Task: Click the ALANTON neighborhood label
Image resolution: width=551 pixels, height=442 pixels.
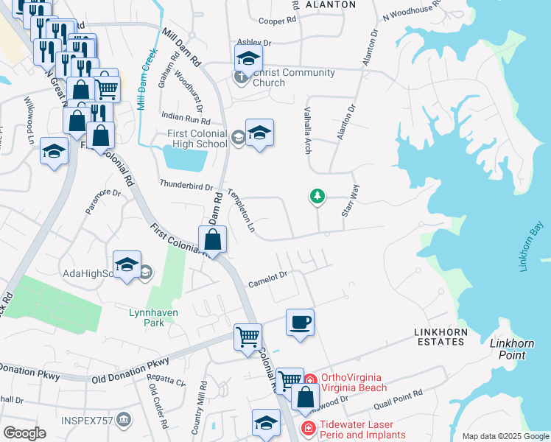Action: point(330,4)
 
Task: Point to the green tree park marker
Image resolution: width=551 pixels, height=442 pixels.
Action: point(317,196)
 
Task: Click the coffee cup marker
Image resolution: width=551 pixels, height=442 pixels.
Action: point(300,323)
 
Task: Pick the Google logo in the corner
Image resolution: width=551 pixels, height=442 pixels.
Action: point(24,433)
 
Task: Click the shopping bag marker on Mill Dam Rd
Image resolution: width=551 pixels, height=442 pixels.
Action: point(212,239)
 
